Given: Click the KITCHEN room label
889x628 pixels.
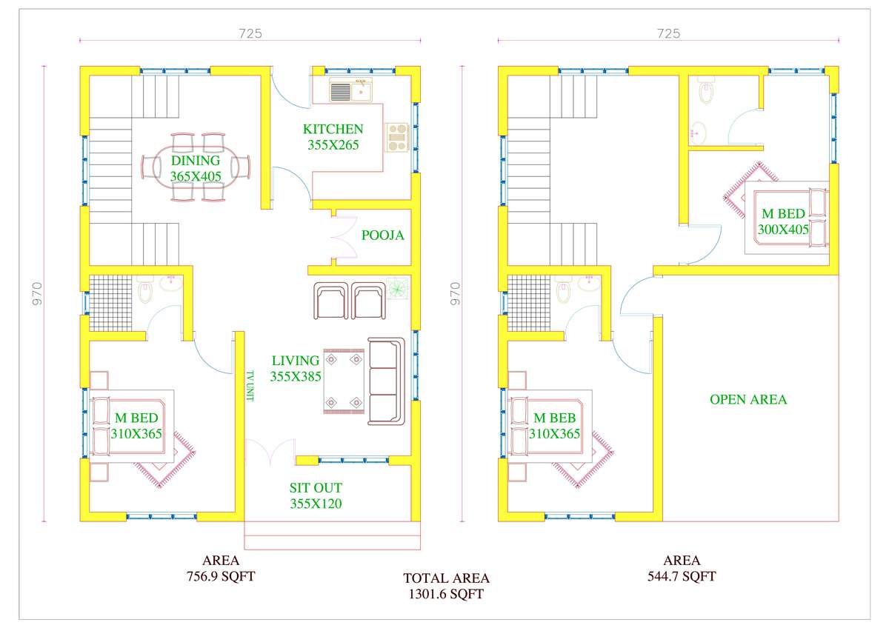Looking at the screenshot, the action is click(333, 130).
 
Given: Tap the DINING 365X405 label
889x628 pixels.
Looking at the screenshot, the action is click(196, 168).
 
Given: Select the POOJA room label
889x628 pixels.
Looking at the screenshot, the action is click(382, 235).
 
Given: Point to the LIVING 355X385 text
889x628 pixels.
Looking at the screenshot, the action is click(296, 369).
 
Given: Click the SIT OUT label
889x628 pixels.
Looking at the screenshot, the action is click(316, 487).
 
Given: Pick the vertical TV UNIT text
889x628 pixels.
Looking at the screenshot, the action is click(250, 386).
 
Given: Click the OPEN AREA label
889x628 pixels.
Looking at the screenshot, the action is click(748, 399).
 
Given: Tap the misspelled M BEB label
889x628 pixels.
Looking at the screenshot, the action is click(554, 418).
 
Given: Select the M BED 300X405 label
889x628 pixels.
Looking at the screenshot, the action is click(783, 221).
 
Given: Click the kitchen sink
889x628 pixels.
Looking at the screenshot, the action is click(351, 90).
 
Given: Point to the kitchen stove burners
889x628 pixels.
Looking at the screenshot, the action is click(397, 137).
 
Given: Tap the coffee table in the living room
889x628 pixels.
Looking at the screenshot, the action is click(344, 381).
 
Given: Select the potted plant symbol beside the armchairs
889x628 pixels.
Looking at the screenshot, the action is click(398, 288).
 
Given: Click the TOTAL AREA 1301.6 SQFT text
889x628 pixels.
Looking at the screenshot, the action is click(446, 586).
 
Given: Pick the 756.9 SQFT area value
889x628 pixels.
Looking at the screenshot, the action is click(221, 576).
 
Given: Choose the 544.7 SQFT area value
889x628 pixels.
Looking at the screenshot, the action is click(682, 576).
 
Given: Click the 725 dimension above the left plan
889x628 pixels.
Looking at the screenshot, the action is click(250, 34).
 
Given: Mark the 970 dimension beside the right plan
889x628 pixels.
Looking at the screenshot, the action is click(456, 293).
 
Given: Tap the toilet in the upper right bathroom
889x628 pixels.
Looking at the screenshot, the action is click(706, 91).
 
